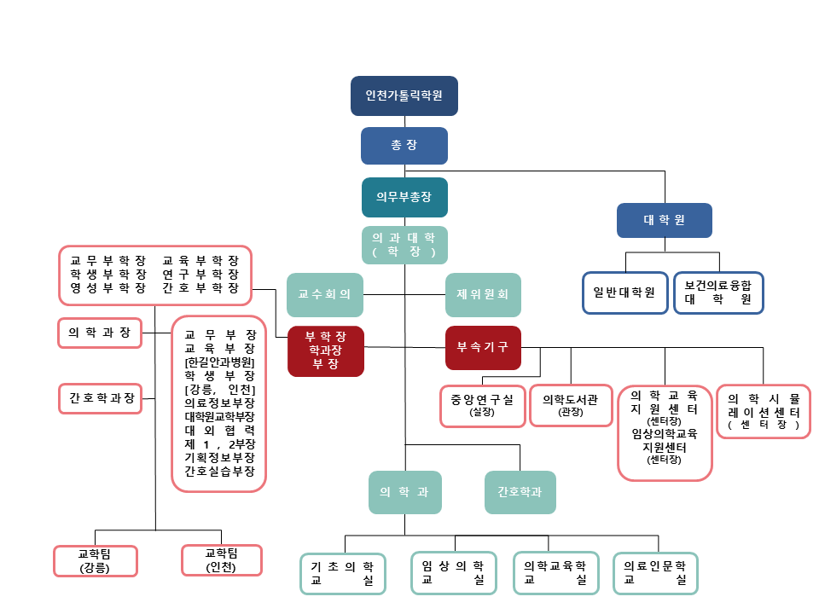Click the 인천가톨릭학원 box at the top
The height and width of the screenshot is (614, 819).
click(404, 96)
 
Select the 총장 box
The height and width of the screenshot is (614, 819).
click(404, 145)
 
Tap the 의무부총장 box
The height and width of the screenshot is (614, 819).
click(404, 196)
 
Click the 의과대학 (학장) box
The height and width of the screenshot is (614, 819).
click(404, 245)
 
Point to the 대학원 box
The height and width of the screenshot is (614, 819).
click(664, 220)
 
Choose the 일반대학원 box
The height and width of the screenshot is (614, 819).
click(624, 293)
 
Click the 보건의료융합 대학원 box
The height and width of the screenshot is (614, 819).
click(718, 293)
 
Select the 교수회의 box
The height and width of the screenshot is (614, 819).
click(324, 294)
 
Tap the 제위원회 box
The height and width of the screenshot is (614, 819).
click(483, 294)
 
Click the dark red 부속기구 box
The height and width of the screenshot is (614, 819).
click(483, 347)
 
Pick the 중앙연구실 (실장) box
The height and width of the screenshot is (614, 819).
click(482, 405)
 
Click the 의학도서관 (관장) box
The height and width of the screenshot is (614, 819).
click(570, 405)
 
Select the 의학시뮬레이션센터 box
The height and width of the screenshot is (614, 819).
click(763, 410)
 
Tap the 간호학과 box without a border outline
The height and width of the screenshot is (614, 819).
click(520, 492)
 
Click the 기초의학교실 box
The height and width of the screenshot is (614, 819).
click(343, 573)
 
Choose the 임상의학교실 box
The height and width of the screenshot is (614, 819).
click(454, 573)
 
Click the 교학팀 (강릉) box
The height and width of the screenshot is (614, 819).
click(95, 560)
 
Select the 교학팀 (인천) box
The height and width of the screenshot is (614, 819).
click(221, 560)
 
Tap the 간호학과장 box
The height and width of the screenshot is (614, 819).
click(101, 398)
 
